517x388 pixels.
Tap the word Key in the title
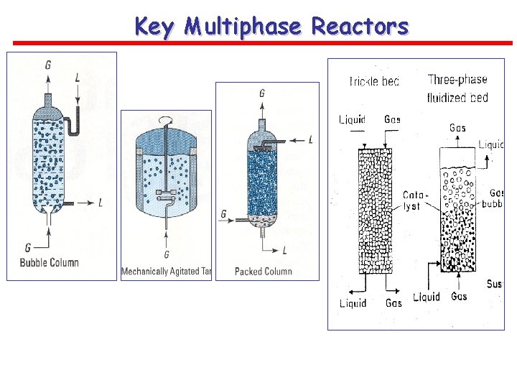156,27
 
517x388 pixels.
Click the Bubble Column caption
50,262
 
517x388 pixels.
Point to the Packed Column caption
264,271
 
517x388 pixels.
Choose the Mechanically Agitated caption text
157,272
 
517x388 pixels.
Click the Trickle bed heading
373,81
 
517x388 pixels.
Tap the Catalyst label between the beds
412,200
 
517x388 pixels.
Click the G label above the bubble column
48,65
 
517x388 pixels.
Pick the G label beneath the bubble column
28,247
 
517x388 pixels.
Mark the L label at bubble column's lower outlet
100,203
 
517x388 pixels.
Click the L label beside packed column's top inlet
310,139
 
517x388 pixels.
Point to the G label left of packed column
225,213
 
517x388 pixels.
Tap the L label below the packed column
285,250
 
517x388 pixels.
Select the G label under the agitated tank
167,254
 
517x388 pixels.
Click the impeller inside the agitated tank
167,193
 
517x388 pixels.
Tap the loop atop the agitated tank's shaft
167,121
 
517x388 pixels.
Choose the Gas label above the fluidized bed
457,128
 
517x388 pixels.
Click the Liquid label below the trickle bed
353,303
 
